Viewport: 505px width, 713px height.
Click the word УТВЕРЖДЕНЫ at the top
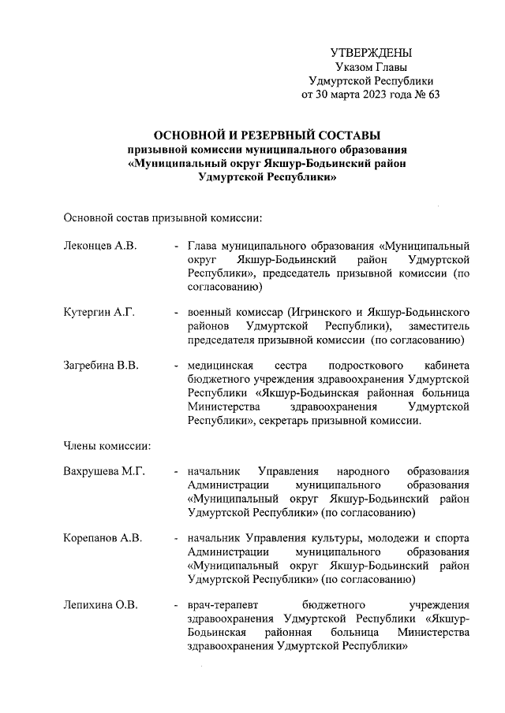371,54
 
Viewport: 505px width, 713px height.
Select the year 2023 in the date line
365,95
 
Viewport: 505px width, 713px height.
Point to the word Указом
353,67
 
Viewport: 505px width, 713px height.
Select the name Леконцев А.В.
100,246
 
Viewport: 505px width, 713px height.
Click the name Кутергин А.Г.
99,313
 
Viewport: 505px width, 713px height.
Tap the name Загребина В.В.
101,366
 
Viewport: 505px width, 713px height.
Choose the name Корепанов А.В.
103,538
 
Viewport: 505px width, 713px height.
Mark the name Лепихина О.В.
101,605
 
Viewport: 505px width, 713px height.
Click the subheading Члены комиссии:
107,445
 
